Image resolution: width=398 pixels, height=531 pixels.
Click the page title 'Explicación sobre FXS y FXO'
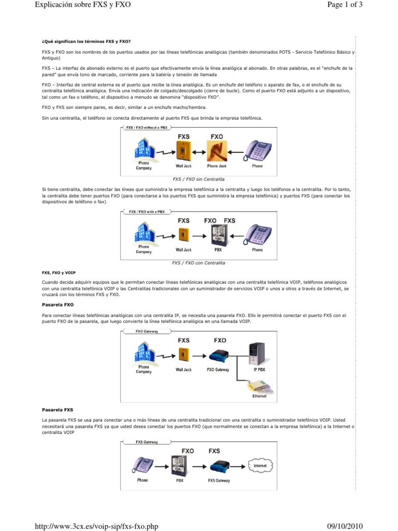click(x=82, y=6)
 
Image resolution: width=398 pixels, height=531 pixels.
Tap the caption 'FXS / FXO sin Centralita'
click(x=198, y=178)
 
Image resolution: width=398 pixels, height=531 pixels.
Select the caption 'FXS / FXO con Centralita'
click(x=198, y=263)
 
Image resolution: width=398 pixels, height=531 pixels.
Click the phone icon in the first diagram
click(x=258, y=151)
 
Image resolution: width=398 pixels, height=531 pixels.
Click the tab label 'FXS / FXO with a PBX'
click(x=147, y=212)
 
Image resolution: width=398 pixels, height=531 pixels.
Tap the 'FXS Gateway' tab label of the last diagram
click(x=147, y=442)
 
